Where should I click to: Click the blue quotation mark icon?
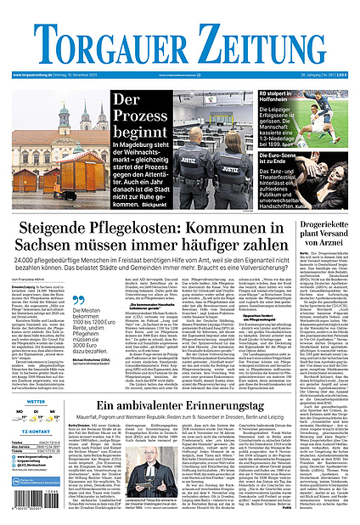pyautogui.click(x=77, y=300)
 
